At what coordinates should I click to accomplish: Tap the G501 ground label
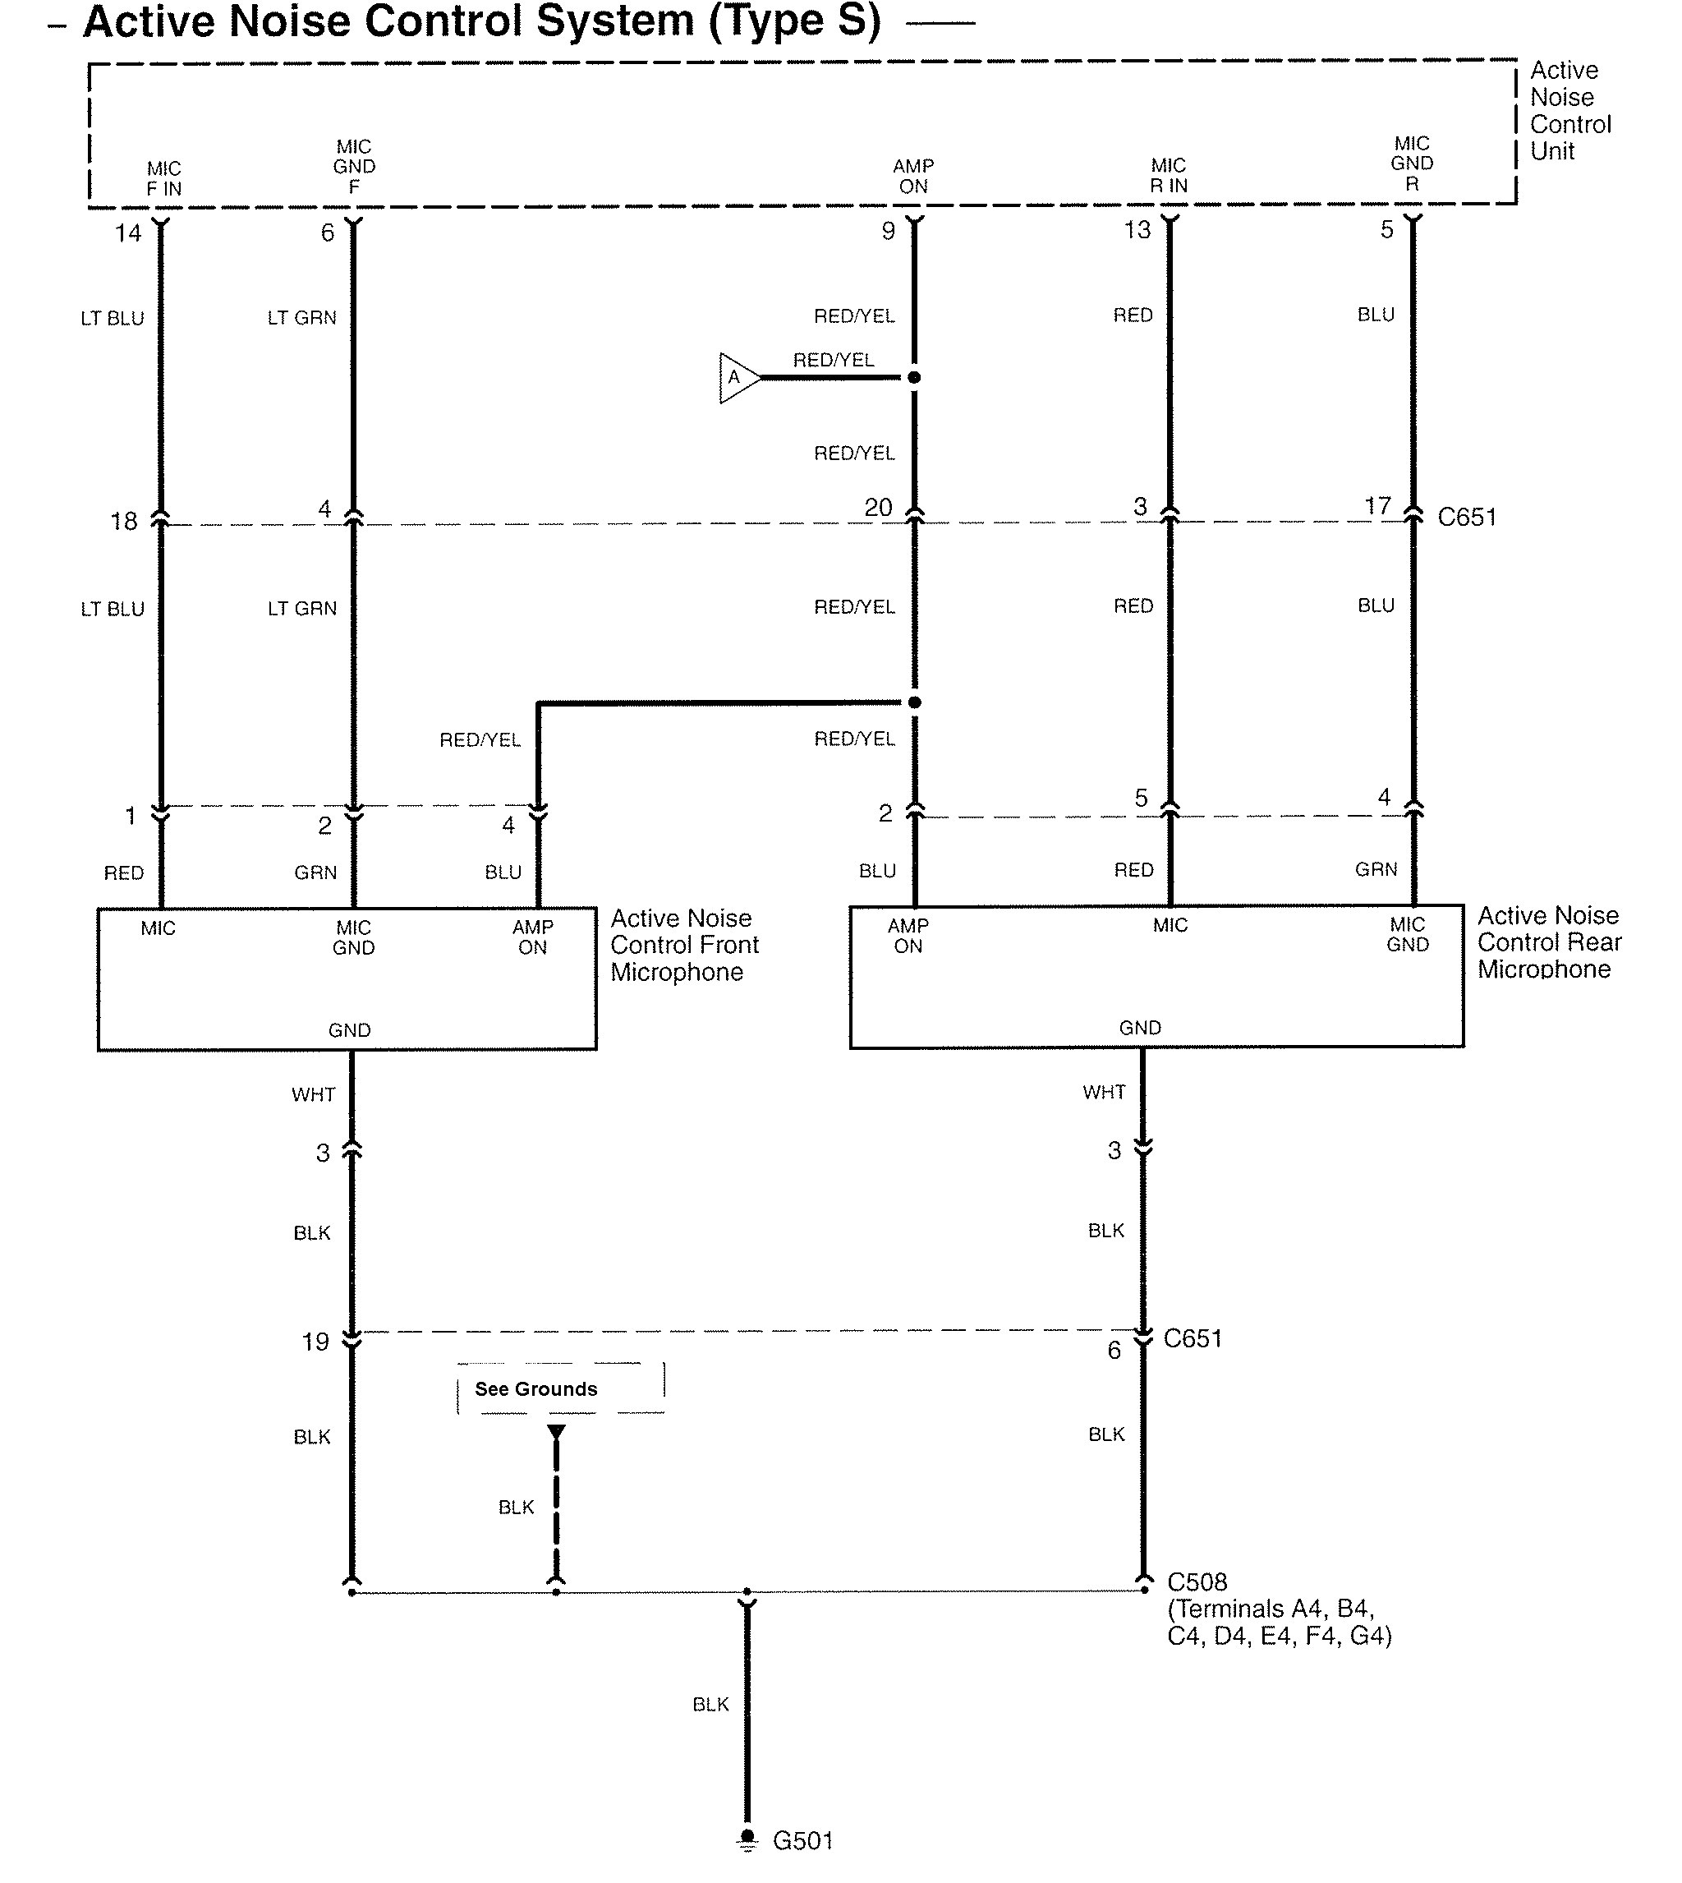point(802,1840)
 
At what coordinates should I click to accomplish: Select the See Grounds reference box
point(560,1388)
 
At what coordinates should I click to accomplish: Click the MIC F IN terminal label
point(163,178)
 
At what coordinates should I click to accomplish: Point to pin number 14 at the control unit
point(127,233)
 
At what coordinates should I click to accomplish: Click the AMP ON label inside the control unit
point(913,176)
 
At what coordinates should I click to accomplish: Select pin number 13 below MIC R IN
point(1137,229)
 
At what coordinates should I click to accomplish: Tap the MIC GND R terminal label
point(1411,163)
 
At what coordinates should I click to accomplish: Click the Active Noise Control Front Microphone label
point(684,945)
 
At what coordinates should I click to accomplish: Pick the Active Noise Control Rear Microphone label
point(1549,942)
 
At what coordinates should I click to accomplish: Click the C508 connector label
point(1197,1581)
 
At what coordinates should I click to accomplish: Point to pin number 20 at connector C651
point(878,507)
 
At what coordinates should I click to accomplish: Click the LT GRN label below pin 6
point(302,318)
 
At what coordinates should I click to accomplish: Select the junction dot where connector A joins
point(914,377)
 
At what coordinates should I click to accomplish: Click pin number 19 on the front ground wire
point(315,1342)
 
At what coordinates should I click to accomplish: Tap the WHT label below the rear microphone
point(1105,1092)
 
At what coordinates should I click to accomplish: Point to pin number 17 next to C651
point(1378,505)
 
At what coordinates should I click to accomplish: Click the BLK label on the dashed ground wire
point(516,1507)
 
